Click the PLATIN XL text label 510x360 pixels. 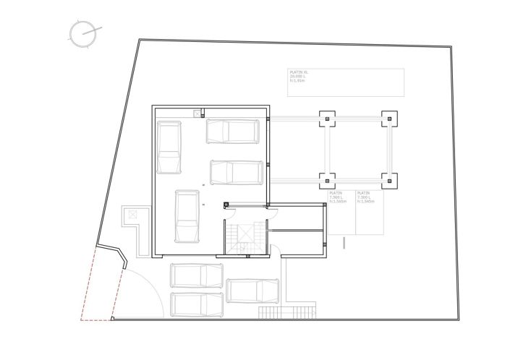click(x=298, y=73)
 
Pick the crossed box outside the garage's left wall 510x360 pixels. click(x=133, y=215)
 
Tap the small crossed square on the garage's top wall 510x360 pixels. click(x=197, y=113)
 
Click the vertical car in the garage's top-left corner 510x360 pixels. click(x=169, y=147)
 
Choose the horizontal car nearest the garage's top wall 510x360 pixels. click(x=233, y=131)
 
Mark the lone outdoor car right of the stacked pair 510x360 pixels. click(x=252, y=291)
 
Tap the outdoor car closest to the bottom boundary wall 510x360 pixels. click(x=197, y=304)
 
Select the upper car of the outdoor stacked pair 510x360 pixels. click(x=197, y=275)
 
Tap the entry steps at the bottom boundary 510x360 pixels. click(x=287, y=311)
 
